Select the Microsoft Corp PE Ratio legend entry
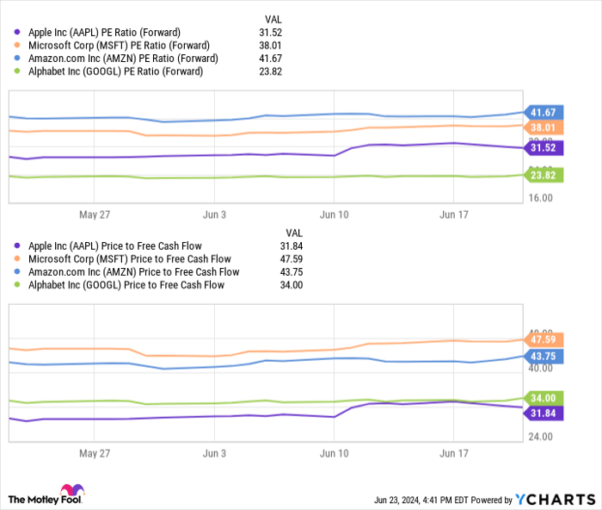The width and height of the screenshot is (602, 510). pos(112,45)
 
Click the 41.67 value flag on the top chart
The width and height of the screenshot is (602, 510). pos(544,112)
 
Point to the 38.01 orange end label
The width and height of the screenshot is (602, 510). pos(544,127)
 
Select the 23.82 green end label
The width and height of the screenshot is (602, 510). pos(544,175)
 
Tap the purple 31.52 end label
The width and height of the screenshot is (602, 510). pos(544,148)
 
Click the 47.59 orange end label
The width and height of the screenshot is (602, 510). pos(544,339)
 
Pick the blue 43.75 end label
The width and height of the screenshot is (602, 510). pos(544,356)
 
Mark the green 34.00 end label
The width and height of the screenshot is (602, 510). pos(544,398)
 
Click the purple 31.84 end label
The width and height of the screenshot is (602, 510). pos(544,413)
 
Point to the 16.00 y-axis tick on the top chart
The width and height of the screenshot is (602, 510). pos(540,197)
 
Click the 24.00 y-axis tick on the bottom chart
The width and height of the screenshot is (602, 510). pos(540,437)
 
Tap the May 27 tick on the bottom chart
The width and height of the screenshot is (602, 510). pos(95,452)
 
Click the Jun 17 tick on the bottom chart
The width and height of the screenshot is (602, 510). pos(453,452)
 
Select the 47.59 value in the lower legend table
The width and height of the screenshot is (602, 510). pos(293,258)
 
